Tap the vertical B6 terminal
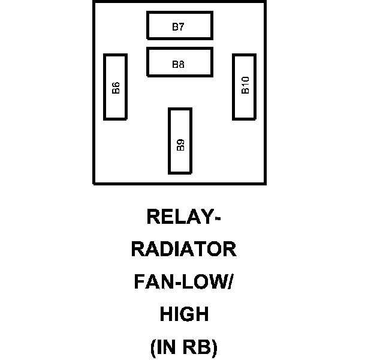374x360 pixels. click(116, 86)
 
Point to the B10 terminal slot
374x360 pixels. click(245, 86)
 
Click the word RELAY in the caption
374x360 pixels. click(179, 216)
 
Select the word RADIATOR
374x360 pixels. click(184, 249)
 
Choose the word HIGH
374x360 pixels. click(184, 314)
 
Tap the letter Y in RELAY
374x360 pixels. click(206, 216)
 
